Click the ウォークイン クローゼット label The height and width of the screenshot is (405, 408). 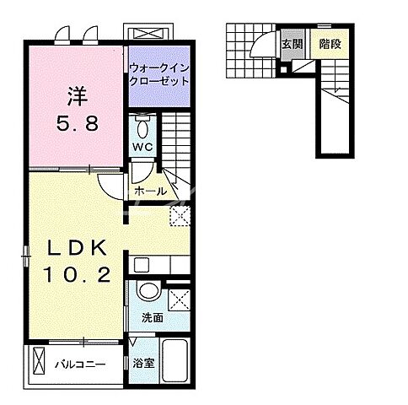[x=158, y=75]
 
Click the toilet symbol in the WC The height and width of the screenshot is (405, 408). [x=142, y=127]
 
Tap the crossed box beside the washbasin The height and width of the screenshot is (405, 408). [x=178, y=299]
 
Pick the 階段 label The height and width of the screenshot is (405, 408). [x=330, y=44]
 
